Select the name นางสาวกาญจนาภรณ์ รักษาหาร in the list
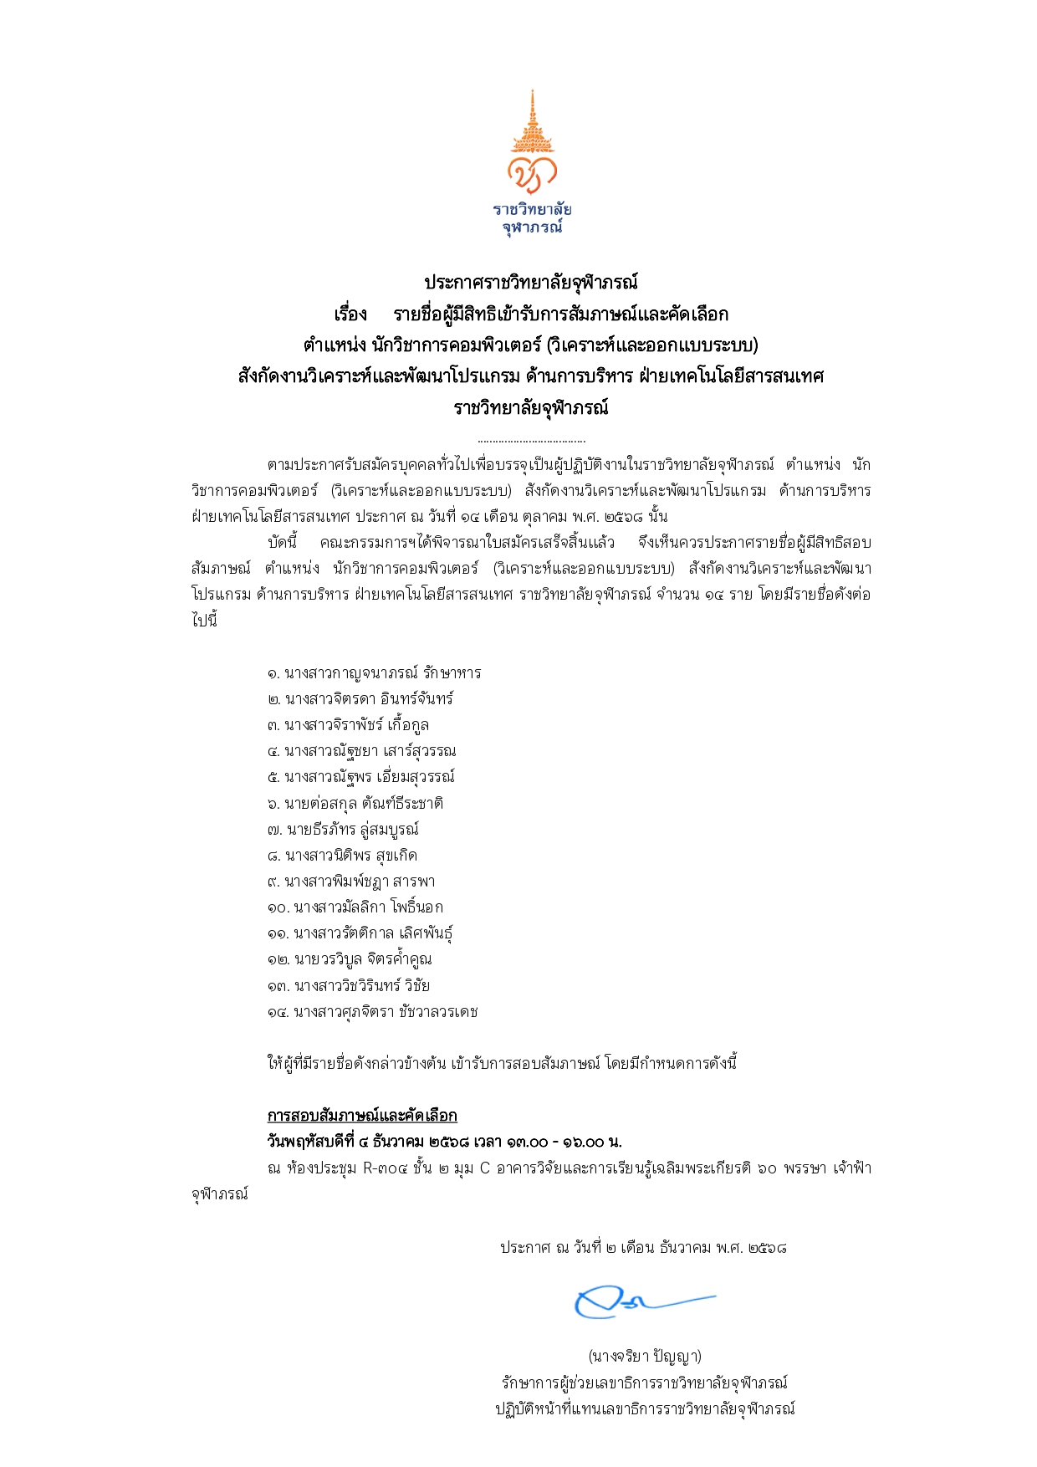coord(382,673)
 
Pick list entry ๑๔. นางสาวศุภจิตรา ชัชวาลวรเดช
coord(373,1012)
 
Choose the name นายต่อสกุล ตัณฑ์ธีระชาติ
coord(364,804)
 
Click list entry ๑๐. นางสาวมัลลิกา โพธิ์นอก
coord(355,907)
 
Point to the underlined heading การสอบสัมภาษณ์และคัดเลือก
coord(362,1116)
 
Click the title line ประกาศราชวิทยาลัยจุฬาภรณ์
coord(531,283)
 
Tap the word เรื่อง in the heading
coord(350,314)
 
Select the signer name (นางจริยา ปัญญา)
coord(644,1356)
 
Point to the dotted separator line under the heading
coord(531,440)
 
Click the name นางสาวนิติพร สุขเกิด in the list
coord(350,856)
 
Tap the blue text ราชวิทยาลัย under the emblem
coord(532,209)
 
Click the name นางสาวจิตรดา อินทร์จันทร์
coord(369,699)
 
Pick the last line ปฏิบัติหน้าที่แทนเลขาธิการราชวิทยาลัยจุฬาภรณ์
coord(644,1408)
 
